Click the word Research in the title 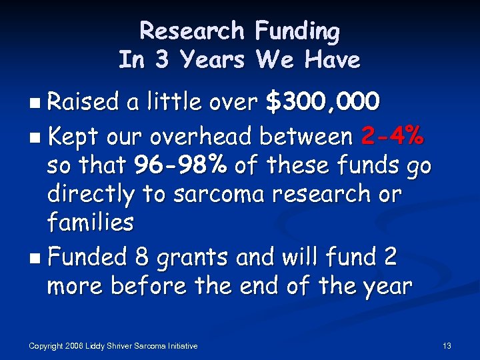click(x=192, y=31)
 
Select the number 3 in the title click(x=161, y=60)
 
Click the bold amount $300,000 click(x=323, y=102)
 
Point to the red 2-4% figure click(x=391, y=137)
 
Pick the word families click(x=90, y=222)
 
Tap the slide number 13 click(x=447, y=346)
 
